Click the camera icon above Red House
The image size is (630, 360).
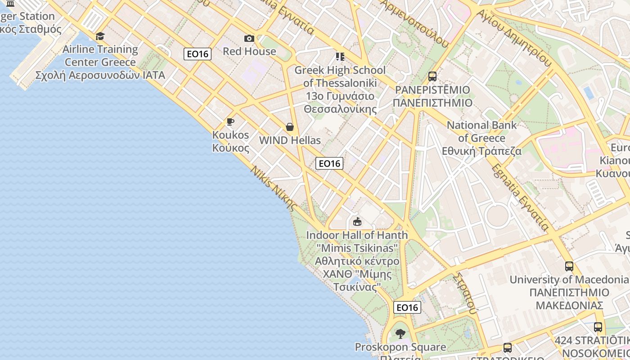pos(249,39)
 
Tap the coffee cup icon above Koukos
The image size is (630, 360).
pos(230,122)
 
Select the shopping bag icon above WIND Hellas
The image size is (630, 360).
pos(290,127)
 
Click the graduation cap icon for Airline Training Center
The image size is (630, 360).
pos(100,36)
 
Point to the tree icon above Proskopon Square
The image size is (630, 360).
pos(400,334)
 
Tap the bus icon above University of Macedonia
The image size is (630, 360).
pos(569,266)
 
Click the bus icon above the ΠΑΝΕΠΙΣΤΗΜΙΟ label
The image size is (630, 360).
pos(432,76)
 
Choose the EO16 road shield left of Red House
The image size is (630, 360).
pos(198,54)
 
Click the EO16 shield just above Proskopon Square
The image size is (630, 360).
pos(407,307)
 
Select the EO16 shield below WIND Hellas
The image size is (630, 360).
pos(329,163)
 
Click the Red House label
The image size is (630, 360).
pos(249,51)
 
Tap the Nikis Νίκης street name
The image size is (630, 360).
pos(274,189)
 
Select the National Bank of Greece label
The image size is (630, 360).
pos(481,138)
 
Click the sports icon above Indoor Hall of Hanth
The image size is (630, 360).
pos(357,221)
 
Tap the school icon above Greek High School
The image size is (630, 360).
pos(340,57)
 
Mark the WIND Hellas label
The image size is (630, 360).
pos(290,140)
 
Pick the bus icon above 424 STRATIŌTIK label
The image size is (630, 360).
pos(598,327)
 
